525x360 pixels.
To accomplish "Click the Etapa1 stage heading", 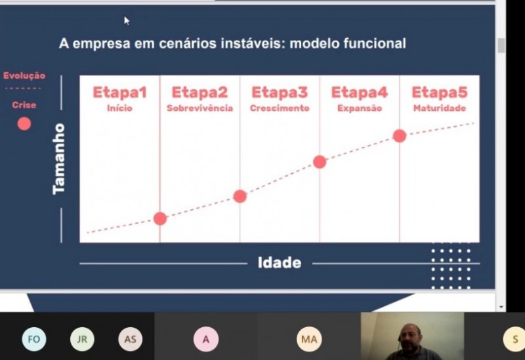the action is coord(119,92).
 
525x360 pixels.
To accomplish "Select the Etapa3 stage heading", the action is coord(280,92).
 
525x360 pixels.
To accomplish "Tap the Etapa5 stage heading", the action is coord(439,92).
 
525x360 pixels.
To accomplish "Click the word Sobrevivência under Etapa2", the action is coord(199,108).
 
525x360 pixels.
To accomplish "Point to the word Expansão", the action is coord(360,108).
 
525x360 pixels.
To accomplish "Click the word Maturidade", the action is coord(440,108).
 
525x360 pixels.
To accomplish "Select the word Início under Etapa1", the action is coord(119,108).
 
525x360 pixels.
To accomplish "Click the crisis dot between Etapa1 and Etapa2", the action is coord(160,218).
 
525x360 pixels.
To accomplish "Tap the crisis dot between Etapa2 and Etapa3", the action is coord(240,197).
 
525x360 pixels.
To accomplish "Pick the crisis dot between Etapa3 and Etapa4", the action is coord(320,162).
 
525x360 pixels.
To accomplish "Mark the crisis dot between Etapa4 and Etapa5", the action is coord(400,136).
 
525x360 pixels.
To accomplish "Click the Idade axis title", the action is coord(280,263).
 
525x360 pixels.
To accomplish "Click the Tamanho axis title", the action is coord(59,159).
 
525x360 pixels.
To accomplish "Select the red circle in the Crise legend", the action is coord(24,124).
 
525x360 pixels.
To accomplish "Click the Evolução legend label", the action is coord(24,75).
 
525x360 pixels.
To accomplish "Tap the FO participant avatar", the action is coord(34,339).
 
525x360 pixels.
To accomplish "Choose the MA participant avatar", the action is coord(309,339).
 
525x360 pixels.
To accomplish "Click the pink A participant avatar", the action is coord(206,339).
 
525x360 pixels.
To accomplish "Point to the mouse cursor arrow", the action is coord(127,21).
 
